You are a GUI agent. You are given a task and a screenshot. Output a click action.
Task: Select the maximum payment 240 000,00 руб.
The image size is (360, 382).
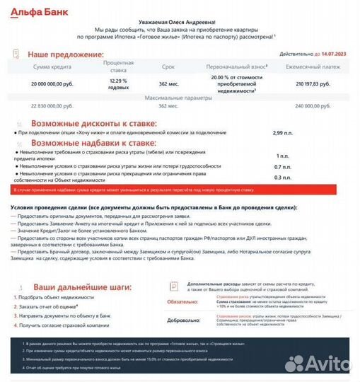tap(313, 105)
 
